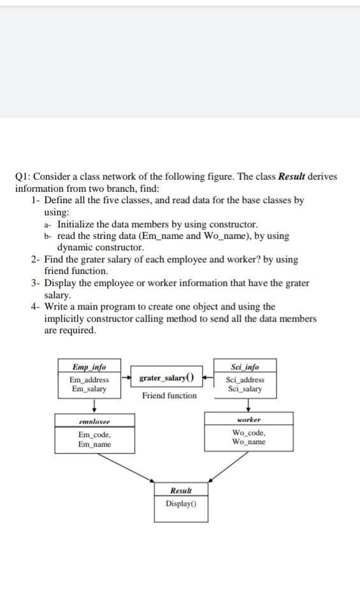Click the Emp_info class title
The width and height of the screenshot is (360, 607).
tap(89, 368)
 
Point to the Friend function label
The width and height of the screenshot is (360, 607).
tap(169, 396)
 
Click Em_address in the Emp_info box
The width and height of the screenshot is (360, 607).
tap(89, 380)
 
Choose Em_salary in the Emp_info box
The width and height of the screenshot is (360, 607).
tap(89, 389)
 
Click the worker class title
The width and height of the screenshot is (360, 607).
tap(248, 420)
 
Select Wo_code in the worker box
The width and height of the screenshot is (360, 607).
tap(248, 433)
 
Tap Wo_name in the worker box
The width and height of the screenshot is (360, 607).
tap(248, 441)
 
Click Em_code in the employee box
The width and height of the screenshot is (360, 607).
tap(94, 435)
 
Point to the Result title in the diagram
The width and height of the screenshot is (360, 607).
tap(181, 490)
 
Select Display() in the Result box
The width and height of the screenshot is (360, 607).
tap(181, 503)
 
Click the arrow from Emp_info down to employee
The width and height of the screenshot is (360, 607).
tap(94, 405)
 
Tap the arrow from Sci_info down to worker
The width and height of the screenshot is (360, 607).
tap(248, 405)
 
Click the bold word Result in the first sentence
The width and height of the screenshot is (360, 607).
tap(293, 176)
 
